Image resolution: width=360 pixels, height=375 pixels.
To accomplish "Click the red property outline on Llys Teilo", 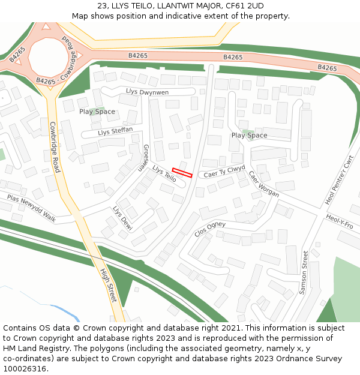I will tap(182, 173).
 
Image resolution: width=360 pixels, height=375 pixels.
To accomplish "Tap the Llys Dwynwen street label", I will tap(147, 92).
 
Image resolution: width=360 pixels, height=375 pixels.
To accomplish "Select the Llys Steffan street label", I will tap(115, 131).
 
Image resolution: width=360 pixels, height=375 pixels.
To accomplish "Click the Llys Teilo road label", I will tap(164, 174).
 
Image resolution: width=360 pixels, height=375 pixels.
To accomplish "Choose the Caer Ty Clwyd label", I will tap(224, 172).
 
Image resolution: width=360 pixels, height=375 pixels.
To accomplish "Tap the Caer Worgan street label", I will tap(264, 184).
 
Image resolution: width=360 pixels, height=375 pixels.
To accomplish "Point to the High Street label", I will tap(108, 284).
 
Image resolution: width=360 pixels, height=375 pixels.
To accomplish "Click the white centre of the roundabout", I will tap(48, 57).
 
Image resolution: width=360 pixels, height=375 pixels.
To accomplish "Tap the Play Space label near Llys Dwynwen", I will tap(97, 112).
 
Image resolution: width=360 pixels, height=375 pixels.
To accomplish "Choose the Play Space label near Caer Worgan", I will tap(249, 136).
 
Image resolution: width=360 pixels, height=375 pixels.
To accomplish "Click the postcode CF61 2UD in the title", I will tap(243, 6).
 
